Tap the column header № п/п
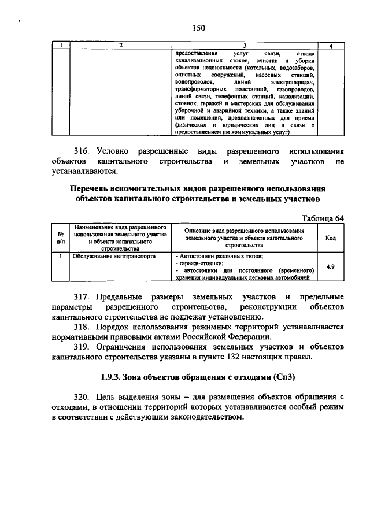pyautogui.click(x=60, y=238)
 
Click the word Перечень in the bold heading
pyautogui.click(x=92, y=189)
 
